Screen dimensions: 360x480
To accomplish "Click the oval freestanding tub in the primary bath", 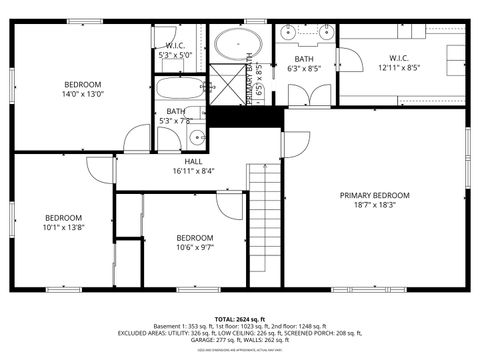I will [x=238, y=45].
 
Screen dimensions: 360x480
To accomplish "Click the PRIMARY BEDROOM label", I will [x=375, y=195].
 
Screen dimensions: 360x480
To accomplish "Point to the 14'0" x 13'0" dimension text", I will [x=83, y=94].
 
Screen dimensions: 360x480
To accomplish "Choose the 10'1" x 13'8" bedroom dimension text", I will [x=62, y=227].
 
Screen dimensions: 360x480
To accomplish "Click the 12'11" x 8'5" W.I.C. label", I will [x=399, y=68].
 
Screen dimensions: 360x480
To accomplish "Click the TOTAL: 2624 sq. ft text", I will [x=240, y=318].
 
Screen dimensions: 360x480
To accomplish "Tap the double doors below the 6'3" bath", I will [x=310, y=97].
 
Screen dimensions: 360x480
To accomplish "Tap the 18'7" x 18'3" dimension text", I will [x=375, y=205].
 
